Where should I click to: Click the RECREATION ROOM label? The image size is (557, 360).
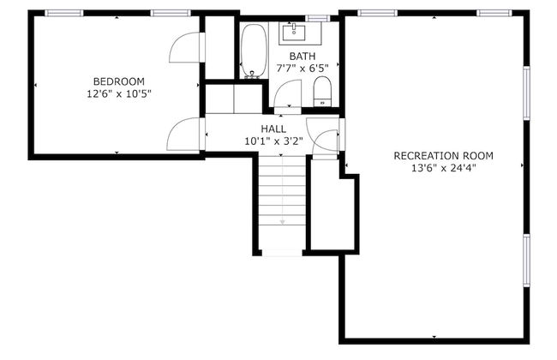[443, 155]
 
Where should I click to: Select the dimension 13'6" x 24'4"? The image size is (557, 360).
[443, 168]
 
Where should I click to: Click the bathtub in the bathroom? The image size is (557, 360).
[253, 51]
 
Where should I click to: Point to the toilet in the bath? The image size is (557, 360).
[322, 90]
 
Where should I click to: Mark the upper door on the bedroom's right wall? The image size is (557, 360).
[186, 48]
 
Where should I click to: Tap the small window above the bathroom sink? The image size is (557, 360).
[317, 17]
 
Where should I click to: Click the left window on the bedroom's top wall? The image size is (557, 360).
[63, 13]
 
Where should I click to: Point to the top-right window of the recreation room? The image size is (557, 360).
[494, 13]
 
